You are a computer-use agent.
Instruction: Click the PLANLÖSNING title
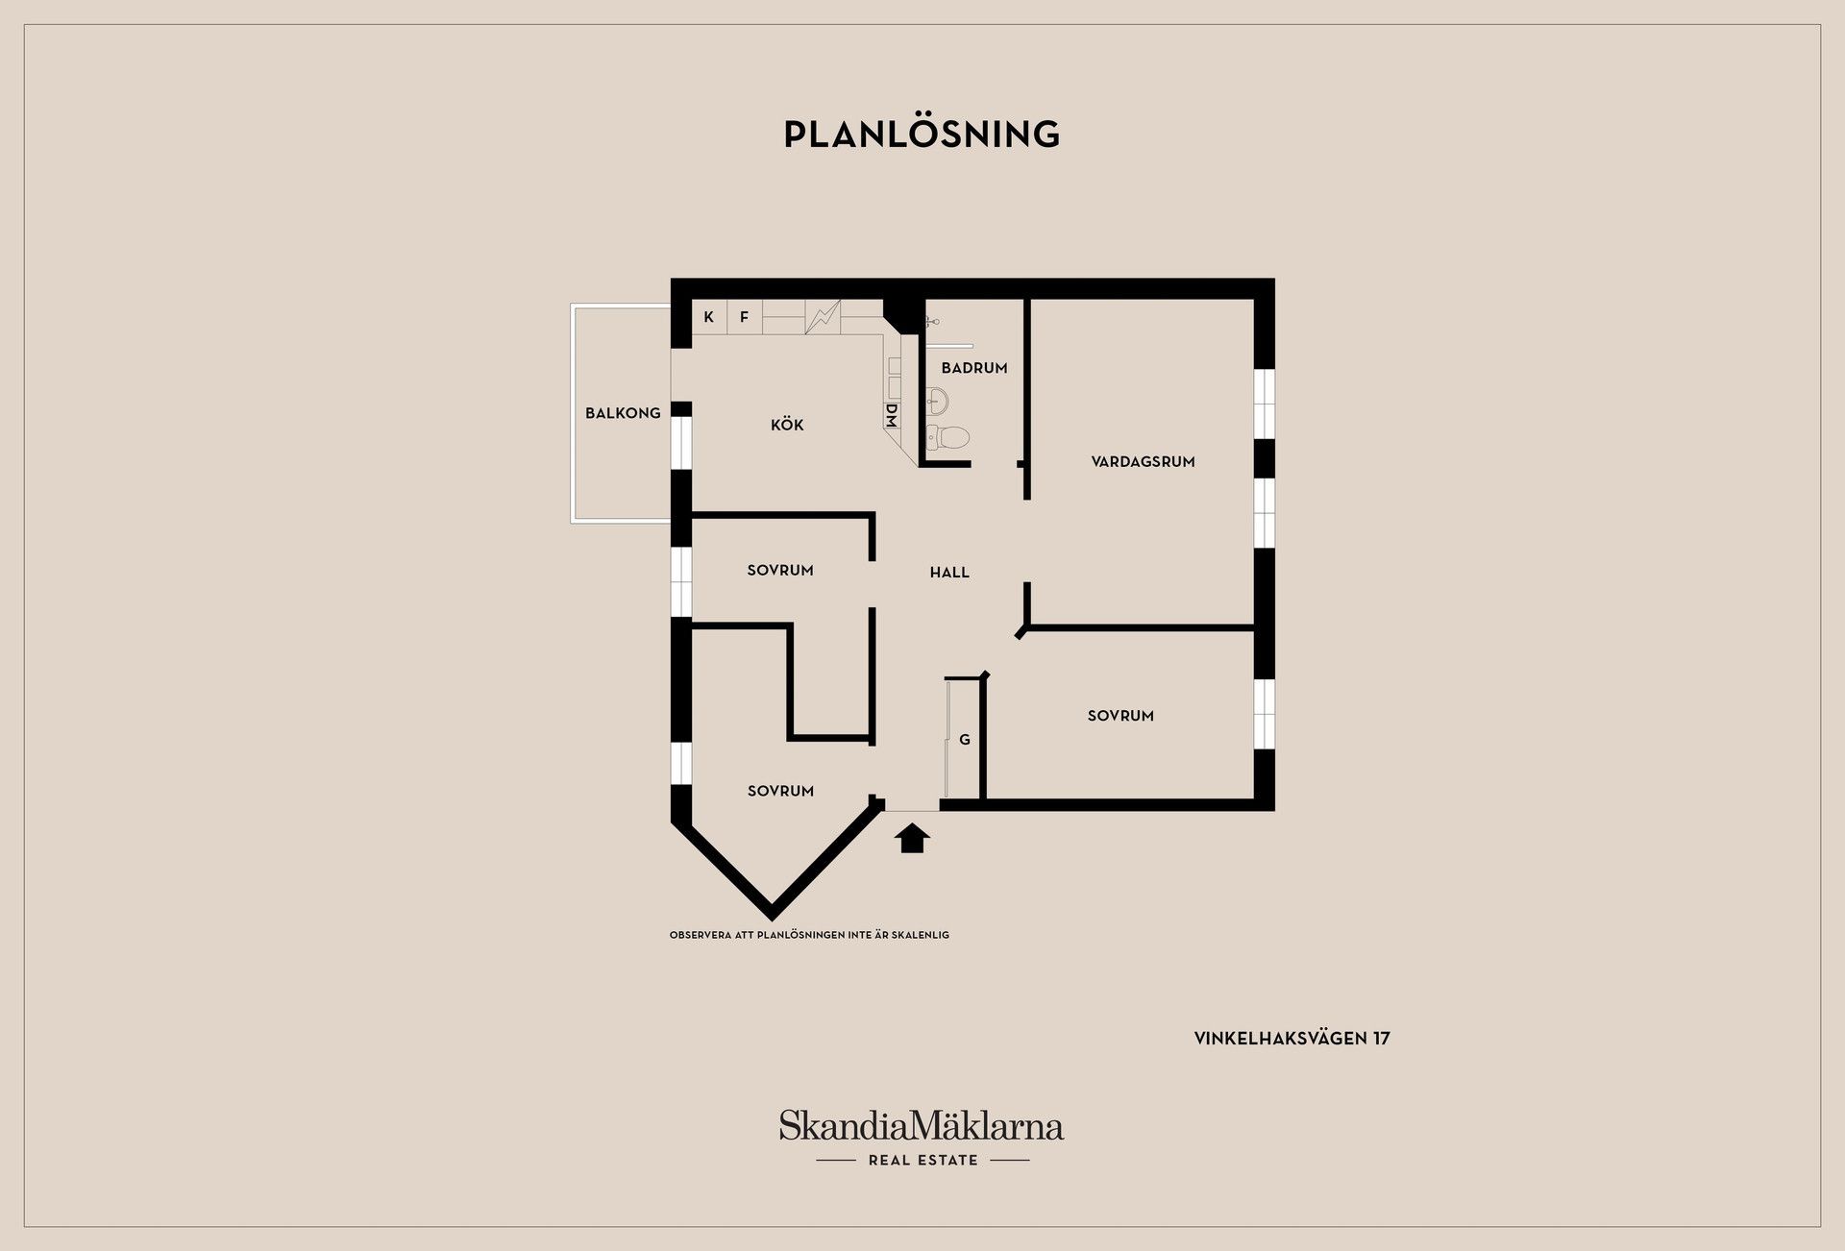(x=922, y=134)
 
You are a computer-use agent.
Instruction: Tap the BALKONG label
(x=623, y=413)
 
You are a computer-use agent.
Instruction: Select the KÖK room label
(x=787, y=424)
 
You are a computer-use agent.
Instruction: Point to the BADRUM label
(x=974, y=368)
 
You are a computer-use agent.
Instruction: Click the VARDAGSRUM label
(x=1143, y=462)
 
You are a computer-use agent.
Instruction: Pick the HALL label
(x=949, y=573)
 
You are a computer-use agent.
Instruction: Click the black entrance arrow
(x=913, y=838)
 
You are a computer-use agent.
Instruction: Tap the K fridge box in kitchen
(x=709, y=317)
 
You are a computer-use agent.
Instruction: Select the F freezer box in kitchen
(x=745, y=317)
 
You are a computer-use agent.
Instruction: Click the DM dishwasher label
(x=891, y=415)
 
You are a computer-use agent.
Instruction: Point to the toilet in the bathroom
(x=947, y=437)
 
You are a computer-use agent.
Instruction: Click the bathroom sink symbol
(x=938, y=399)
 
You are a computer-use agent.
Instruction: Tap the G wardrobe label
(x=965, y=740)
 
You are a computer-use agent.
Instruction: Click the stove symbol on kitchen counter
(x=823, y=317)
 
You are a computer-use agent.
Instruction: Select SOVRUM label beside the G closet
(x=1120, y=716)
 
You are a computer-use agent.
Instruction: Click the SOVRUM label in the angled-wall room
(x=780, y=791)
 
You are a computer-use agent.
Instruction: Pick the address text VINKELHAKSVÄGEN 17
(x=1291, y=1039)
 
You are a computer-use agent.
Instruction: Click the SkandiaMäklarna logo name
(x=922, y=1125)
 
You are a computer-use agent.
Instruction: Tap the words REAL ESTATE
(x=922, y=1161)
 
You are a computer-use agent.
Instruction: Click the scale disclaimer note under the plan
(x=809, y=935)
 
